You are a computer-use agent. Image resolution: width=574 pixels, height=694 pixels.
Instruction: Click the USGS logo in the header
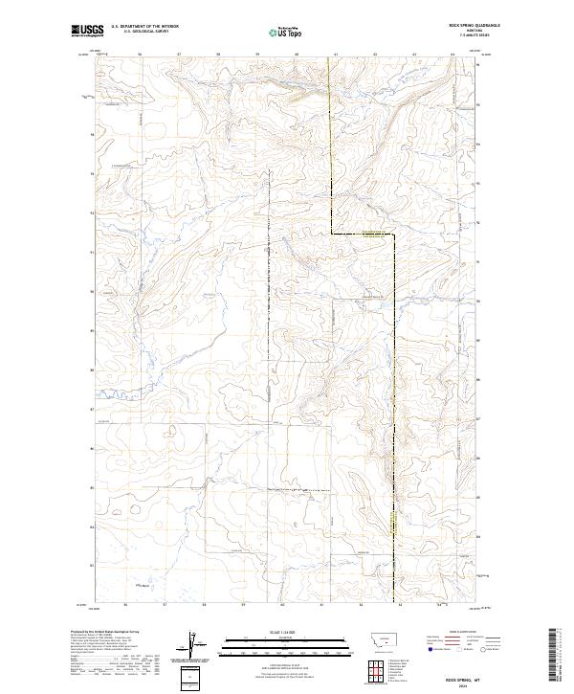coord(88,32)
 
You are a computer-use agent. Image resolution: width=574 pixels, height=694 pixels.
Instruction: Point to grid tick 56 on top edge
coord(140,55)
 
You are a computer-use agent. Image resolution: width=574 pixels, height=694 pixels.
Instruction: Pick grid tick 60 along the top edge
coord(297,55)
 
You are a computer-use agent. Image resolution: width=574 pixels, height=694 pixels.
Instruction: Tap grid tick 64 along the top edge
coord(453,55)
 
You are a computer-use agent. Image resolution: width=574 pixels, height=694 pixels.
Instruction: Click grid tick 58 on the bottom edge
coord(205,606)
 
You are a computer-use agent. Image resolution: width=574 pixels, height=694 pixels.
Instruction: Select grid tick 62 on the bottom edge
coord(362,606)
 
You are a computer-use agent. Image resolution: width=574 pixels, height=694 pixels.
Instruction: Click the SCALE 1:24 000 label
coord(275,631)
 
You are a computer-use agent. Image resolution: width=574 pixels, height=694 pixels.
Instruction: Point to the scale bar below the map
coord(275,642)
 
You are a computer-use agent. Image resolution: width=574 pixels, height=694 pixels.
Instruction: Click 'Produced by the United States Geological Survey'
coord(99,633)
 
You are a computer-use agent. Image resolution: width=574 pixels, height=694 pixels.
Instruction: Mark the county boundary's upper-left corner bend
coord(332,233)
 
